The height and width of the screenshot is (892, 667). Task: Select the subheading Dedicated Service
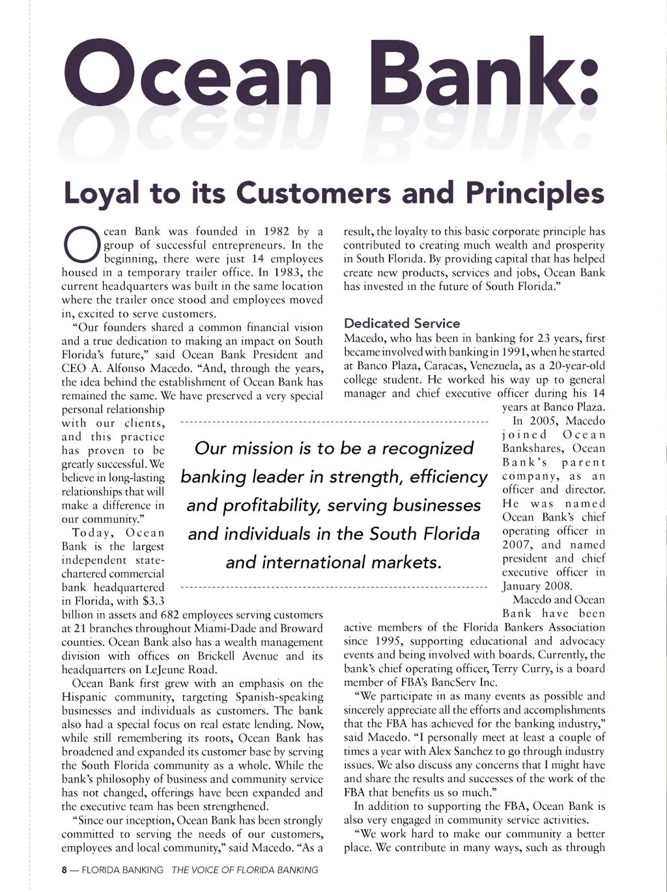[401, 323]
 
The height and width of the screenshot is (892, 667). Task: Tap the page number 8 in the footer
[64, 870]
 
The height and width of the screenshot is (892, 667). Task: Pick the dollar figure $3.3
[153, 601]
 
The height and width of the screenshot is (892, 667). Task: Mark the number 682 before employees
[169, 615]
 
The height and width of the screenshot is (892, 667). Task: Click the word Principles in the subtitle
[533, 193]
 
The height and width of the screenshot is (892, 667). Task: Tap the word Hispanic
[88, 697]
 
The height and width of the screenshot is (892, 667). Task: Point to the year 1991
[511, 352]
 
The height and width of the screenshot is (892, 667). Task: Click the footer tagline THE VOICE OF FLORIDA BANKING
[245, 870]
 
